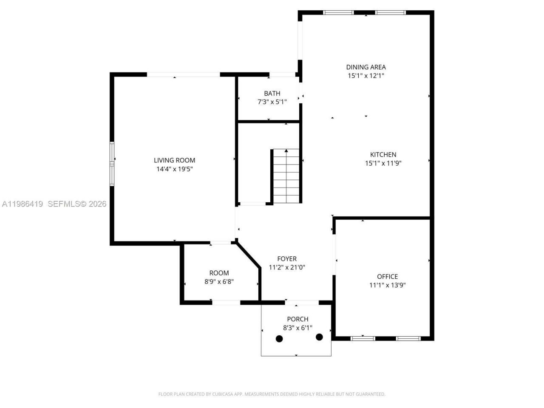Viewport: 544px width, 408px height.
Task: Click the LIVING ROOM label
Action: click(174, 160)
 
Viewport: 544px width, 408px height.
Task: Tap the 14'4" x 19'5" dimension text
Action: click(174, 169)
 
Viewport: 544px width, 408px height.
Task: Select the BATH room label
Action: click(272, 93)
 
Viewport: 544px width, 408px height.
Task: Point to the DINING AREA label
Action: click(365, 67)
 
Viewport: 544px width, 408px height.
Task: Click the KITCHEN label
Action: click(383, 155)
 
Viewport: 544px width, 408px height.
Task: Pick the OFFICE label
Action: click(387, 277)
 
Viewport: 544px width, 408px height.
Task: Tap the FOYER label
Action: click(287, 259)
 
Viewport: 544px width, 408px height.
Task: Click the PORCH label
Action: click(297, 319)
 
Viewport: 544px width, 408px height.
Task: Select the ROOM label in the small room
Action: click(219, 273)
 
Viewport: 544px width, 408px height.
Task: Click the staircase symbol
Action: click(286, 176)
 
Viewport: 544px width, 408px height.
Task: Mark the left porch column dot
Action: click(279, 339)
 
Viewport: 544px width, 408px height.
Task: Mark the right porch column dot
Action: click(319, 337)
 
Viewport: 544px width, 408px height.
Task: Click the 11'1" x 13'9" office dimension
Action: click(387, 285)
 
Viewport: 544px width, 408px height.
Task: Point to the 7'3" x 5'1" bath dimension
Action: click(272, 102)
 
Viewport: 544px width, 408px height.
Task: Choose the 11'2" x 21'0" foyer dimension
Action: click(287, 267)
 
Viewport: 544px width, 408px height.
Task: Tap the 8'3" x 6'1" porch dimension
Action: click(297, 328)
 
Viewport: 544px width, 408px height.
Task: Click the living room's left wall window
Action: click(112, 164)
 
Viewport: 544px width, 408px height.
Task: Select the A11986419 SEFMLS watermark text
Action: click(54, 204)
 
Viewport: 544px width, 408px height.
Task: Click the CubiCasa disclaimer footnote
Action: click(272, 394)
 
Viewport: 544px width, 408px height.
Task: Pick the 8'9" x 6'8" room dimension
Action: click(219, 281)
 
